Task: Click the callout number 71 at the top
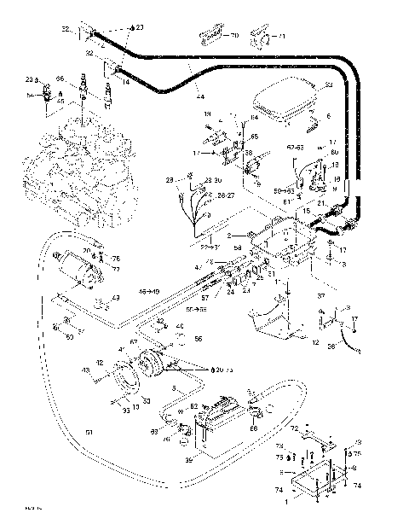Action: pos(284,38)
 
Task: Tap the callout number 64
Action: pos(254,117)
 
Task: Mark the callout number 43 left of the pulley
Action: pos(84,370)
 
